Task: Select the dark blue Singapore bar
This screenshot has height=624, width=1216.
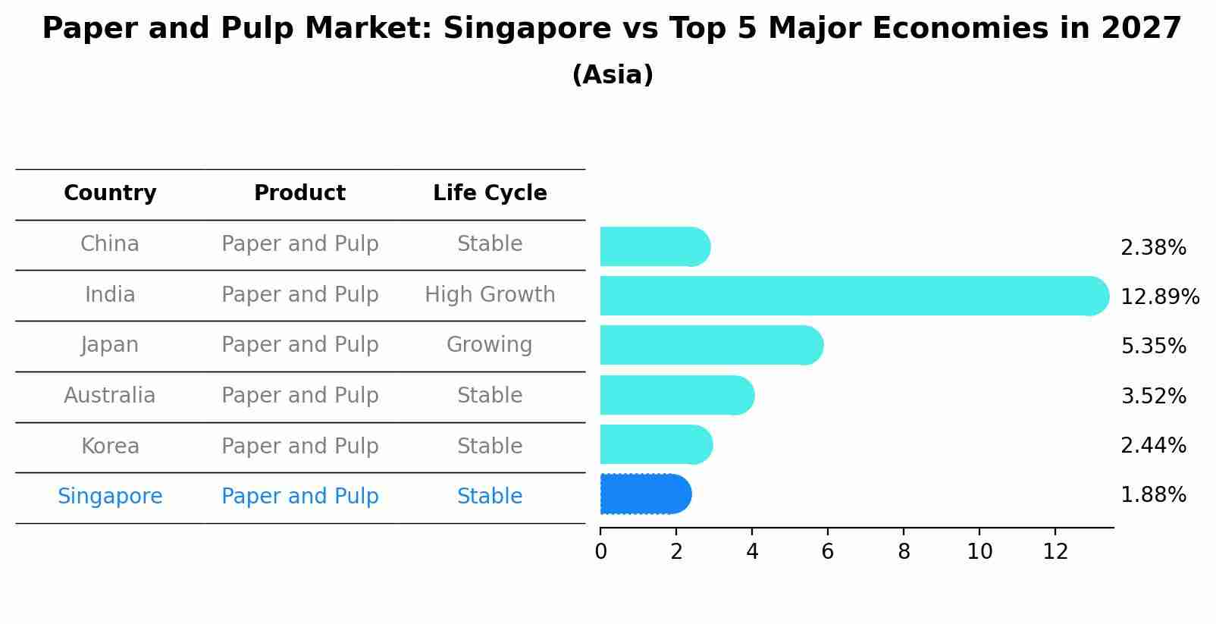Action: pyautogui.click(x=644, y=494)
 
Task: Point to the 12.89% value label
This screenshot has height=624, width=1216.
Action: pyautogui.click(x=1159, y=296)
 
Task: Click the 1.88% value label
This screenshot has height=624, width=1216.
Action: pyautogui.click(x=1152, y=495)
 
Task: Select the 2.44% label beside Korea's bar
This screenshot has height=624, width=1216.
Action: pyautogui.click(x=1152, y=445)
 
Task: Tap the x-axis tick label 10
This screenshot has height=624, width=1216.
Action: pyautogui.click(x=979, y=552)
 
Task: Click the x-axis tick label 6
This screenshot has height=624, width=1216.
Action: pyautogui.click(x=827, y=552)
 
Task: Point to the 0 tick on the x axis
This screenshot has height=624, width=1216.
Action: pyautogui.click(x=600, y=552)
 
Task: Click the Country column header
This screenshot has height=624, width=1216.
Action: pyautogui.click(x=110, y=193)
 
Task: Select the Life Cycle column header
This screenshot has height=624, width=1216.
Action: pyautogui.click(x=490, y=193)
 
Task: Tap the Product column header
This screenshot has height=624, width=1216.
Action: pyautogui.click(x=299, y=193)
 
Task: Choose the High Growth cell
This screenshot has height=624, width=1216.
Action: pyautogui.click(x=490, y=294)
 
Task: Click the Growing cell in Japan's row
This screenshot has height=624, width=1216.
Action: pyautogui.click(x=489, y=345)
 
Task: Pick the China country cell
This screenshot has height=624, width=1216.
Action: pyautogui.click(x=110, y=244)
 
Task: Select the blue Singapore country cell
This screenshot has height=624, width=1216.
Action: pyautogui.click(x=110, y=497)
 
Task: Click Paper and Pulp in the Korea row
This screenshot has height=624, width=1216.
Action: pyautogui.click(x=299, y=446)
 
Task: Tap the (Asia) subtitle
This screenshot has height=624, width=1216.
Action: pyautogui.click(x=613, y=75)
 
